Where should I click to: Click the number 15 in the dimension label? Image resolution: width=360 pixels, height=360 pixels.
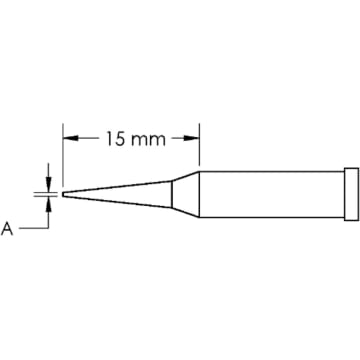[x=115, y=138]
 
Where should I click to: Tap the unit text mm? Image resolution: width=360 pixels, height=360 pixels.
[x=147, y=138]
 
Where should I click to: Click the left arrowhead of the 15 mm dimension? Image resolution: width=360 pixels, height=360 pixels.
[x=69, y=138]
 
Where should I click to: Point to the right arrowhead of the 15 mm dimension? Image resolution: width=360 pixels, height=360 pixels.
[x=194, y=138]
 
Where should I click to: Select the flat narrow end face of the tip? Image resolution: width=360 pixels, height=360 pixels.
[x=63, y=192]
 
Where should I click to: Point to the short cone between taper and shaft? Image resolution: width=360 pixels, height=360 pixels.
[x=185, y=192]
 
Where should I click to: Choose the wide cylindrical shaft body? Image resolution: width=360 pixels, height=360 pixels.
[x=270, y=192]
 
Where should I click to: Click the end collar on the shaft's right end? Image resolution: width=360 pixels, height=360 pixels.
[x=350, y=192]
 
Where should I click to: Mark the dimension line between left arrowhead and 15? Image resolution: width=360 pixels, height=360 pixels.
[x=85, y=138]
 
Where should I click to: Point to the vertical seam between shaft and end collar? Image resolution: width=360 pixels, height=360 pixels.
[x=343, y=192]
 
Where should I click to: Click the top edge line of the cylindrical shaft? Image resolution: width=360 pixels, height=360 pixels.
[x=270, y=168]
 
